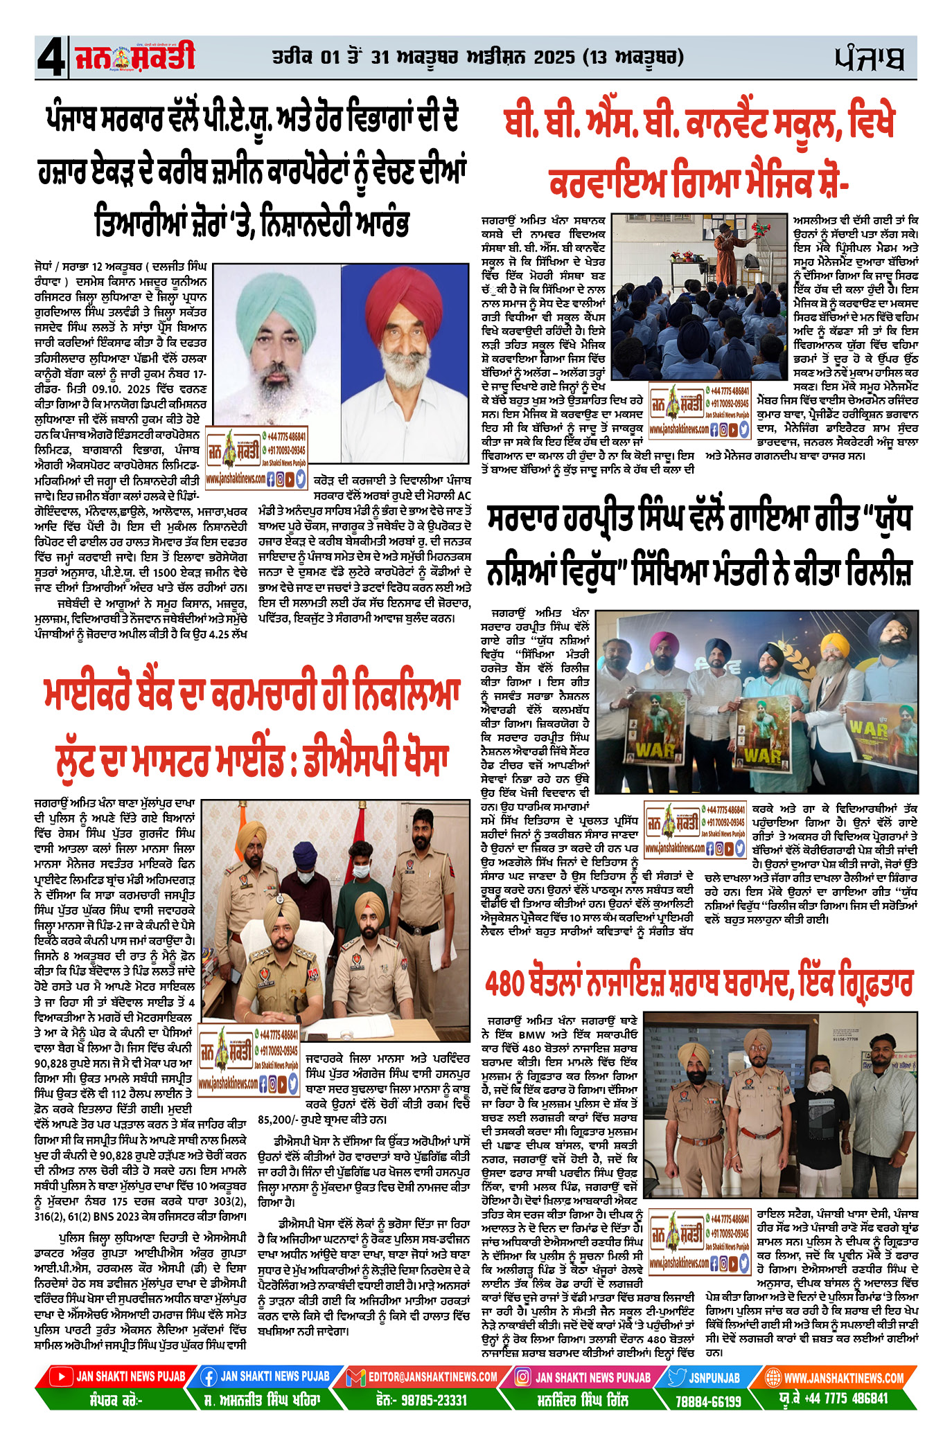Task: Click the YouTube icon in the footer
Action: pyautogui.click(x=62, y=1376)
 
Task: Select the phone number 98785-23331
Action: pyautogui.click(x=432, y=1399)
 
